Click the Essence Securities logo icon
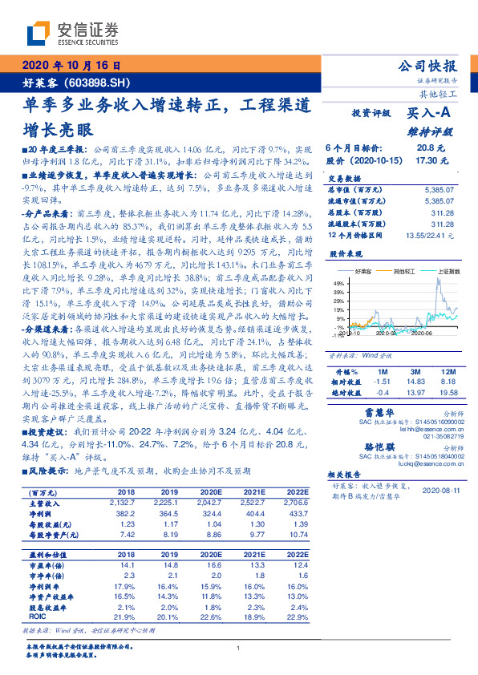(x=38, y=33)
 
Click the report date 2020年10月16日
(x=70, y=67)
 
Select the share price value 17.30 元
(x=426, y=160)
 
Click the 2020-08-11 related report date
(x=440, y=490)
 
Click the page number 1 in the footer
(x=239, y=648)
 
